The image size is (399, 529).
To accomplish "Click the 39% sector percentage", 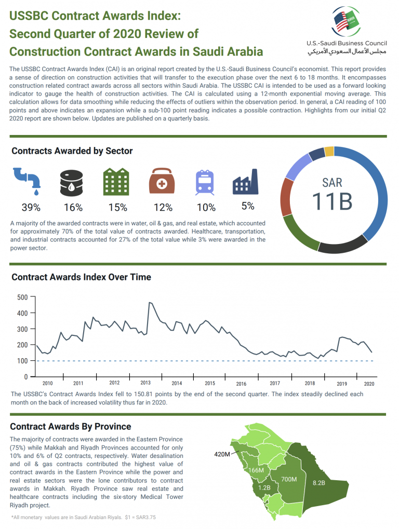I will (31, 208).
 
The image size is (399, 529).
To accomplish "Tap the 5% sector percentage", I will (248, 206).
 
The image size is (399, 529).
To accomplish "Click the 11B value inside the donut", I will (332, 201).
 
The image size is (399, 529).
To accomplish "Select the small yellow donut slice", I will (329, 151).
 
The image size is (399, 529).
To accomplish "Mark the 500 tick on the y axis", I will (22, 297).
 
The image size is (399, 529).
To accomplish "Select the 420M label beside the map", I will (222, 454).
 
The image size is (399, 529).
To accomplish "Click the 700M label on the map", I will (289, 479).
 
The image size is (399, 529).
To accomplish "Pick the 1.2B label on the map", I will (264, 489).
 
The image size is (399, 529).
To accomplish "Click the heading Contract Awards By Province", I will (71, 427).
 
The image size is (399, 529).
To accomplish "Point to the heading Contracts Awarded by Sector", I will (72, 151).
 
